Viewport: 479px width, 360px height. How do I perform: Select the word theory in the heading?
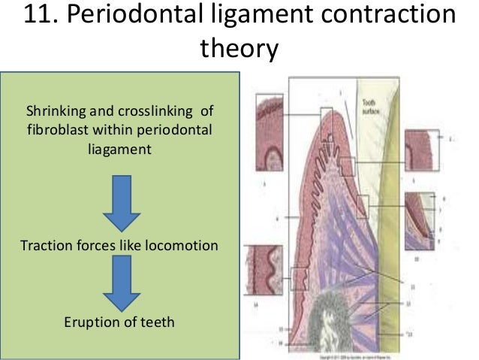point(238,51)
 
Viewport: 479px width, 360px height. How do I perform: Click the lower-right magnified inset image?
point(419,219)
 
